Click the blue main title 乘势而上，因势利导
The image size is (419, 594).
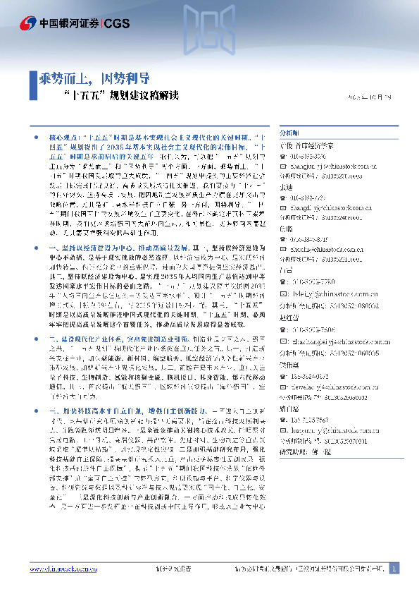tap(94, 78)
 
